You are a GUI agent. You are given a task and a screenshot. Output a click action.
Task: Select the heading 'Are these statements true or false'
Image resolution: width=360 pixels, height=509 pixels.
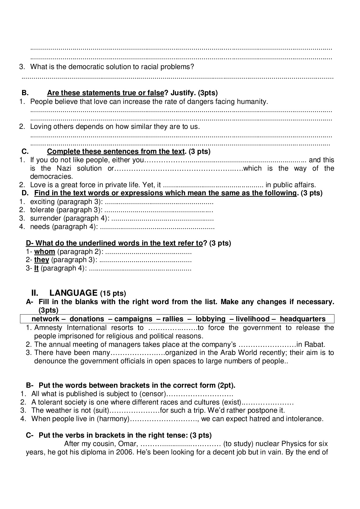105,93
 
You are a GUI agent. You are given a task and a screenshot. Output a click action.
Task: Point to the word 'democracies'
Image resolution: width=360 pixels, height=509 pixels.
51,176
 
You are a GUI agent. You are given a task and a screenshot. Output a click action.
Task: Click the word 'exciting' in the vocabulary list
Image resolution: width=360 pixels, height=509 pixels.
42,202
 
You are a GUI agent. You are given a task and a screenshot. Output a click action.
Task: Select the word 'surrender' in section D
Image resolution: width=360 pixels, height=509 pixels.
46,218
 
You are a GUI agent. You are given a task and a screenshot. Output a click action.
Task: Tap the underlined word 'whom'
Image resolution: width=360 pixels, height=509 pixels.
44,252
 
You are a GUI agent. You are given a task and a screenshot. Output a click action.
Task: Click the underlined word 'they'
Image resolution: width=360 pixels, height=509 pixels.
42,260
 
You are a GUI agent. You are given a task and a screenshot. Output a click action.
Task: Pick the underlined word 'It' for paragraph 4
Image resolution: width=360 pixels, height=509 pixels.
36,268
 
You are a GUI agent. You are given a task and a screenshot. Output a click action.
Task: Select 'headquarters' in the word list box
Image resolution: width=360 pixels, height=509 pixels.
303,319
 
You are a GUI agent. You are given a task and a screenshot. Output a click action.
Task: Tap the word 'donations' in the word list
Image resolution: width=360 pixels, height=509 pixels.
87,319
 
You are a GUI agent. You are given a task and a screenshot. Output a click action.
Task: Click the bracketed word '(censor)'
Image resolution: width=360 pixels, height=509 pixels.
152,394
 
